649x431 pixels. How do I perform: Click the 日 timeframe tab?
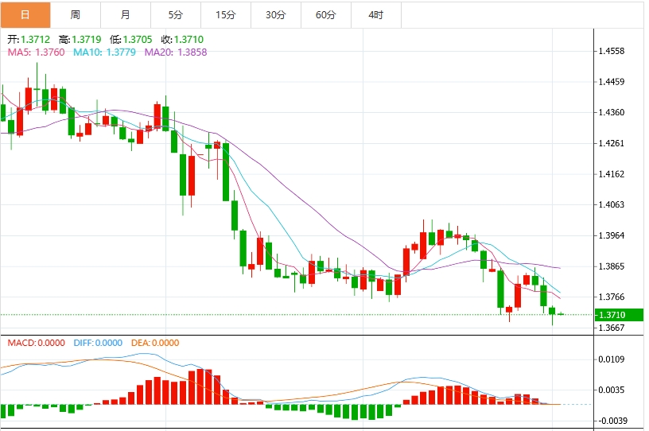[x=25, y=15]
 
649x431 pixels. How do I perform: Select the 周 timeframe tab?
[x=75, y=15]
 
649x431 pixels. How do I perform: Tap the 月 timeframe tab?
[x=126, y=15]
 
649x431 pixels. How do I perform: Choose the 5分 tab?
[x=175, y=15]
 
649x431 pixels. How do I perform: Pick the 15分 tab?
[x=225, y=15]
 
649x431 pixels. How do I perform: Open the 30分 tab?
[x=275, y=15]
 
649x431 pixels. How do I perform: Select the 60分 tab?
[x=325, y=15]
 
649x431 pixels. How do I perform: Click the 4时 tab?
[x=375, y=15]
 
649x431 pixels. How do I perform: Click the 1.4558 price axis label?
[x=613, y=51]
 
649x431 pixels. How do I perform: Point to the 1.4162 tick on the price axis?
[x=613, y=174]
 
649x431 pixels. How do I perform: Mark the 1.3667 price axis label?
[x=613, y=328]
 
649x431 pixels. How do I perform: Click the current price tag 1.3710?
[x=613, y=315]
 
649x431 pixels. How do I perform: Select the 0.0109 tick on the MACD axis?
[x=613, y=359]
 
